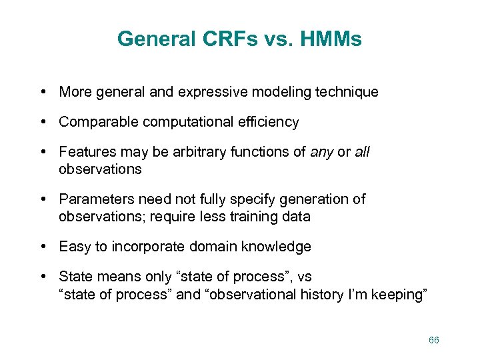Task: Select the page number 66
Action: (x=434, y=340)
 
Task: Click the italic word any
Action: (x=322, y=152)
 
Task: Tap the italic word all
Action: (x=362, y=152)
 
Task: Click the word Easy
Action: (x=75, y=247)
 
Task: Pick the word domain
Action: (x=215, y=247)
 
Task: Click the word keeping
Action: (x=399, y=294)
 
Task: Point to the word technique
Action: (x=347, y=92)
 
